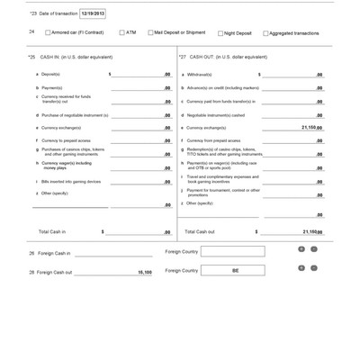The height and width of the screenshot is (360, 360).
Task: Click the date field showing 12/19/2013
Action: click(x=92, y=13)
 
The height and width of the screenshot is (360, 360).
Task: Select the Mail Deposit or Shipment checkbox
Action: click(x=150, y=32)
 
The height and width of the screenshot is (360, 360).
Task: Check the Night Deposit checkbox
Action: click(x=220, y=33)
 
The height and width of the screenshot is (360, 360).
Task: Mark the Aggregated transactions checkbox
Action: click(x=265, y=33)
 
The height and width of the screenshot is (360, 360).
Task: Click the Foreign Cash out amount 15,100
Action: click(x=144, y=271)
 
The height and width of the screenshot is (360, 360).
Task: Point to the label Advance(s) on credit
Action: click(x=222, y=87)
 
